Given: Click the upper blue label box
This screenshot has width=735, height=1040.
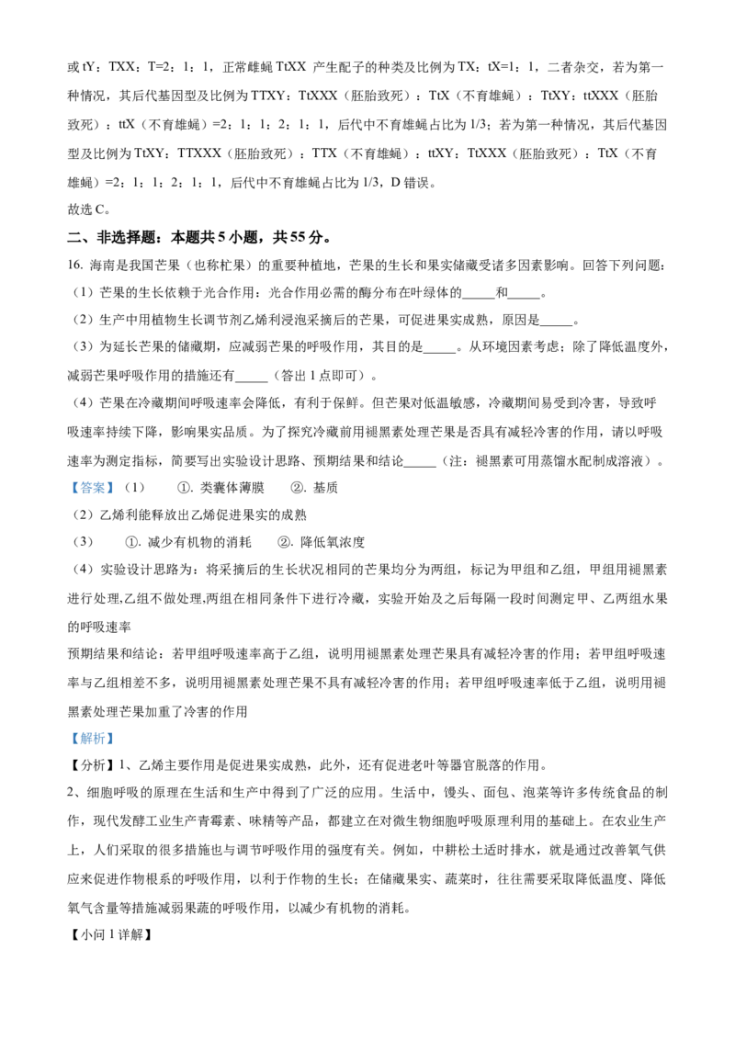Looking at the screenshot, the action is click(x=92, y=489).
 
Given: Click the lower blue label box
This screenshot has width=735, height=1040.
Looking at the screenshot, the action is click(x=92, y=739).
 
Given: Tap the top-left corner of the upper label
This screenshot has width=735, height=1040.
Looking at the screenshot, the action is click(x=67, y=479).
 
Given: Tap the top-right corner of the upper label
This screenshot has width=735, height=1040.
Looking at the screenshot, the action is click(x=117, y=479).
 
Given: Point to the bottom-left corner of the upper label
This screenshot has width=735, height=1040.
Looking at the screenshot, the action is click(x=67, y=499).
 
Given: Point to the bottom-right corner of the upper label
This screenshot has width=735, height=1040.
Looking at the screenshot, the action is click(x=117, y=499).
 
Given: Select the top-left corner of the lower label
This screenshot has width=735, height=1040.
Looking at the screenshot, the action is click(x=67, y=729).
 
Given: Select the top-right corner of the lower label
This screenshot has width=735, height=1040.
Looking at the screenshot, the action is click(x=117, y=729).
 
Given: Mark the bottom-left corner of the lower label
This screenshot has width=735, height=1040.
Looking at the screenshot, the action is click(x=67, y=749).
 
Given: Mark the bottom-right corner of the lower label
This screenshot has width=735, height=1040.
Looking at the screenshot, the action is click(x=117, y=749).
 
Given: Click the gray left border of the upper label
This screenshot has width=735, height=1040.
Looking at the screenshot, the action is click(x=67, y=489).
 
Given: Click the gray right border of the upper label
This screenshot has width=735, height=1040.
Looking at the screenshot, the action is click(x=117, y=489).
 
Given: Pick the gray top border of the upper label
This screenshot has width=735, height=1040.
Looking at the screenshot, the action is click(x=92, y=479).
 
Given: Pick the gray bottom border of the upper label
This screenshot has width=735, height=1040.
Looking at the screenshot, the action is click(x=92, y=499).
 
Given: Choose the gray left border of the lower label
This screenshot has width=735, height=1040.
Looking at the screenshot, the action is click(x=67, y=739).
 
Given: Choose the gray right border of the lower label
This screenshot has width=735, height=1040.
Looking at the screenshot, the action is click(x=117, y=739).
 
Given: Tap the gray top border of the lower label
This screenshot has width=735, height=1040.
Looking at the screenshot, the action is click(x=92, y=729).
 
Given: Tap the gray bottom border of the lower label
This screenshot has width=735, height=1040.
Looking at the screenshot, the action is click(x=92, y=749).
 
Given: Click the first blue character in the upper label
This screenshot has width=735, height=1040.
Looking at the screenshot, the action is click(x=76, y=489).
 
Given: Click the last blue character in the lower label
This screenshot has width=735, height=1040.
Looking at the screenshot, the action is click(x=108, y=739).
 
